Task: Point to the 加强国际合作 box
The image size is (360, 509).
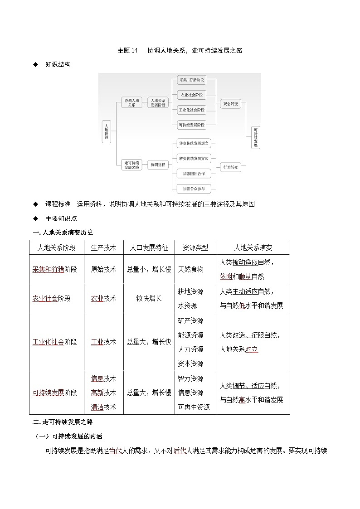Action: pos(194,174)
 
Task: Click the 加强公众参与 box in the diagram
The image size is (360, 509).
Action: pos(194,189)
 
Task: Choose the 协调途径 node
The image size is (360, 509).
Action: pos(158,165)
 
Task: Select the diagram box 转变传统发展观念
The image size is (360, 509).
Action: pos(194,144)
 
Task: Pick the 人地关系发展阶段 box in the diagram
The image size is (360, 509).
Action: pos(158,102)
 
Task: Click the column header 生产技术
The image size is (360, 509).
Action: pos(103,247)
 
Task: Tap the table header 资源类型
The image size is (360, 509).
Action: pos(195,247)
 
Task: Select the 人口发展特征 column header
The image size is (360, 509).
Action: pos(149,247)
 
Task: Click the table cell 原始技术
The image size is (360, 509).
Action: pos(103,269)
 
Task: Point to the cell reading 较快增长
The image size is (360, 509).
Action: pos(149,299)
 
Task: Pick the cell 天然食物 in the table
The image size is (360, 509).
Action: pos(191,269)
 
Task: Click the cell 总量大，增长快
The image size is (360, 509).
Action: pos(149,342)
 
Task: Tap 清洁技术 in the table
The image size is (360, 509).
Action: pos(103,407)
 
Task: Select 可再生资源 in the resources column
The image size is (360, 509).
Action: pos(194,407)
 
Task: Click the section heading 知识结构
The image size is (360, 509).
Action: pos(58,64)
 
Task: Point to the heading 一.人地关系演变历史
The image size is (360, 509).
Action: pos(63,233)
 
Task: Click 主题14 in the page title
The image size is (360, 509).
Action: pos(127,50)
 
